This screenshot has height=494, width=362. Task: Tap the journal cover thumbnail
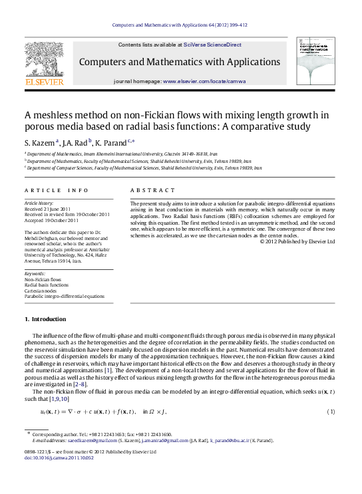click(315, 61)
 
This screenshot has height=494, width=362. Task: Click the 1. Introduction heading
click(45, 319)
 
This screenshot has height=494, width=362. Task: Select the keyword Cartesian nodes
click(42, 291)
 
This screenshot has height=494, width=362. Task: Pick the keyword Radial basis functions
click(47, 285)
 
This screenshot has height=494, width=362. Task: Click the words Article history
click(39, 202)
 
